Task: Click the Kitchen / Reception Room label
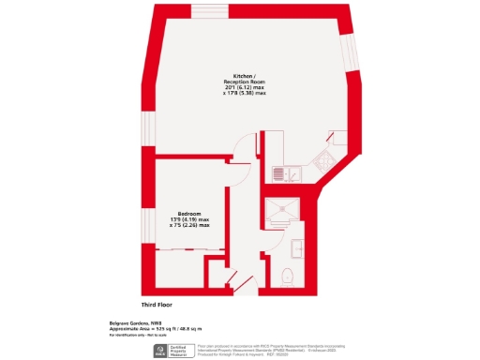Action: point(244,79)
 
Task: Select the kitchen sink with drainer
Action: point(284,172)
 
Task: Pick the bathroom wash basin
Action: point(295,247)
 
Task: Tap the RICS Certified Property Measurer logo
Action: point(177,351)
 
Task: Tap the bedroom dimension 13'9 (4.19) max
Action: point(190,219)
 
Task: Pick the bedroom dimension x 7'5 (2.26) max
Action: point(190,225)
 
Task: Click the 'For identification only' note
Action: point(127,336)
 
